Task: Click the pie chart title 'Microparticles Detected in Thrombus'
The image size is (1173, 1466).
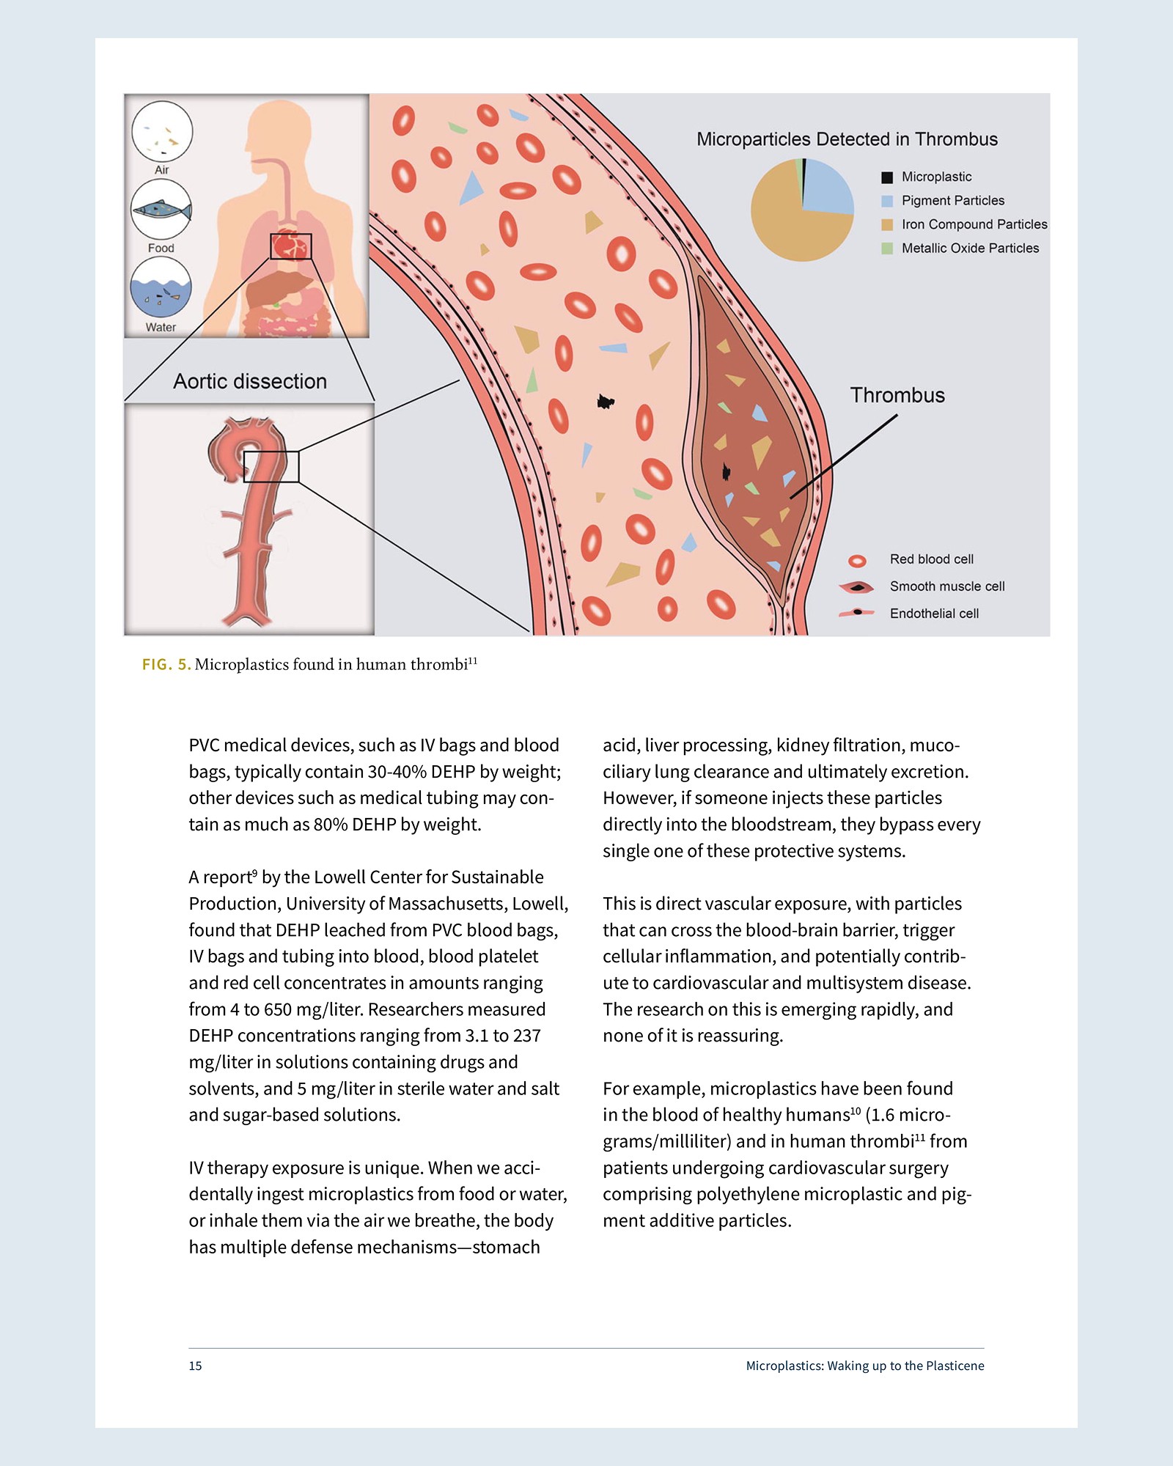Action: pos(847,139)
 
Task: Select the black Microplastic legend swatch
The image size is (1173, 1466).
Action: pos(887,177)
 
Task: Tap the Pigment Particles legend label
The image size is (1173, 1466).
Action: pos(952,201)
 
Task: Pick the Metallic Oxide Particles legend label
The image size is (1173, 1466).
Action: pos(970,248)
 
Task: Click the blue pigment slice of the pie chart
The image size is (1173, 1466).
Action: pos(828,187)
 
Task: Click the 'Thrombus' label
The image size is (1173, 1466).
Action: pos(897,395)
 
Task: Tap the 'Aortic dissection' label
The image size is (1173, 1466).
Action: pos(250,381)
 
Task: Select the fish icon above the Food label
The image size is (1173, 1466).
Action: pos(161,210)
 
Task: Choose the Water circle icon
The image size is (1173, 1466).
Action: pos(161,287)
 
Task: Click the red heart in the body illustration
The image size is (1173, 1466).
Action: pos(290,246)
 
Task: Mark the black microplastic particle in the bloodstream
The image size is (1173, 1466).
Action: pos(606,402)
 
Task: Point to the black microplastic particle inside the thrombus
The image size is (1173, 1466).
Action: pos(727,472)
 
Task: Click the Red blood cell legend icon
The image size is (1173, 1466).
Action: pos(857,561)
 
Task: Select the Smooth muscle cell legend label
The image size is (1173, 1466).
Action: pos(946,586)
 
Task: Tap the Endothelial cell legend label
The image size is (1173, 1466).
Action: pos(934,614)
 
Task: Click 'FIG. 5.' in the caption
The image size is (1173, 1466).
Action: pos(166,665)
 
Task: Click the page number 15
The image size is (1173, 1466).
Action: pos(195,1366)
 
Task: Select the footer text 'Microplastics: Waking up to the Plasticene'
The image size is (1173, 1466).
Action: pos(865,1366)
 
